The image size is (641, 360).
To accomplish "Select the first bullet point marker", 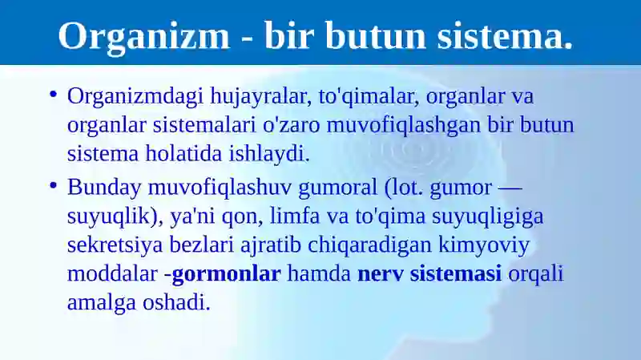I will click(53, 95).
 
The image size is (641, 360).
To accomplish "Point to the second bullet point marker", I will click(53, 186).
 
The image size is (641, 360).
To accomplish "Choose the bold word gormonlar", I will click(226, 273).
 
